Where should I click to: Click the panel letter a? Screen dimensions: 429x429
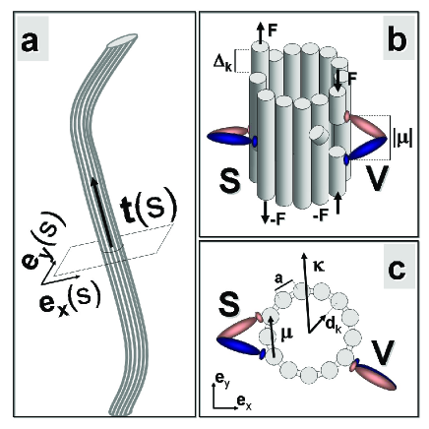30,43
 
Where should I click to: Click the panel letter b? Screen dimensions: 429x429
398,40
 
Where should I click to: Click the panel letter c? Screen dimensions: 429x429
398,270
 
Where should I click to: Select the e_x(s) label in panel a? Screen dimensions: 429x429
69,299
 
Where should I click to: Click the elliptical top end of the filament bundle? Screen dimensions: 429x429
122,40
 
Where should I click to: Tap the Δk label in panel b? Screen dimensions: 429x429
222,62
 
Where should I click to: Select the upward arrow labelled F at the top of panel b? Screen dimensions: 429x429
260,32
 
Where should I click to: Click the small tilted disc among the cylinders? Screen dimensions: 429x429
317,135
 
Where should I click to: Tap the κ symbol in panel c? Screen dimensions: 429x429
319,266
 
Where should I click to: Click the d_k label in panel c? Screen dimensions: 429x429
334,326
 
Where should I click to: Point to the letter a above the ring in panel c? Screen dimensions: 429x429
278,279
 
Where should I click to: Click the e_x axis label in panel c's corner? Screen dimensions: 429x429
244,400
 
